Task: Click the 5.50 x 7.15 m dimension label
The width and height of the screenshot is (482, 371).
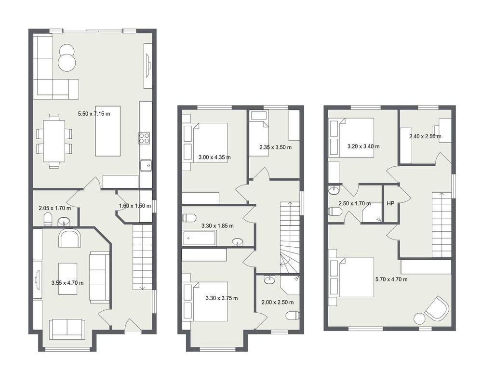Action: pos(94,114)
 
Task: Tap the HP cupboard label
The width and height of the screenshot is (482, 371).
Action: pos(390,203)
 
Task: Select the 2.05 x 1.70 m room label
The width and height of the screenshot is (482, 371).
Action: pos(55,208)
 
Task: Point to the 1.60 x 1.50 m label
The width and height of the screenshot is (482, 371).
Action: pos(135,206)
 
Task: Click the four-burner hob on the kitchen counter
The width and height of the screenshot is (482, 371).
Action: pos(144,138)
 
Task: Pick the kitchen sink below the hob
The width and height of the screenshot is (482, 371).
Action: pos(146,165)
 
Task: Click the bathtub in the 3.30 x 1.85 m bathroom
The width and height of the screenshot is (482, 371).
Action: pos(200,238)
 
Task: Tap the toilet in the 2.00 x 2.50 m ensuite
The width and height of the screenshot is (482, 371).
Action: pos(293,316)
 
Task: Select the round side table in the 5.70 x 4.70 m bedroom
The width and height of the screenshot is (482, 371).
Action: pos(420,318)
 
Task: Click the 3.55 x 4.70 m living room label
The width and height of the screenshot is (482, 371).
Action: pos(67,283)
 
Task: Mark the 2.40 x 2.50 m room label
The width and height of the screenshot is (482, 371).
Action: pos(425,136)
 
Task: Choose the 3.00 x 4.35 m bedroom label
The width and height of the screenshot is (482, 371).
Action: pos(214,158)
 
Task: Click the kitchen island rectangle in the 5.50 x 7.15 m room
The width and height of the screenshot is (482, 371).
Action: pos(107,131)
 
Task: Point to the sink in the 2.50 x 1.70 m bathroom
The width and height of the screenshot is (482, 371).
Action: pos(334,191)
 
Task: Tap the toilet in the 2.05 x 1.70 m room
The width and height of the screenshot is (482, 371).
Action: pos(48,219)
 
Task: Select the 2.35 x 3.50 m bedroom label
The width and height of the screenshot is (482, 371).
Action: pos(275,147)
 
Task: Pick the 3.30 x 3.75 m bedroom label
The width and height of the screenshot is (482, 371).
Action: pos(221,298)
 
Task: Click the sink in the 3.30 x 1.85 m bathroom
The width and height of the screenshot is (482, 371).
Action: pos(238,242)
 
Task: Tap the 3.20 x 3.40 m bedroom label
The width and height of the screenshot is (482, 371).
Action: pos(363,146)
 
